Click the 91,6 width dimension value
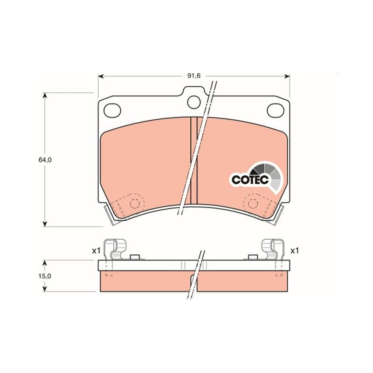pos(194,76)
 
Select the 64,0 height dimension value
pos(45,160)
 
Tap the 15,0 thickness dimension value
pos(45,276)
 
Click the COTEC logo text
pos(250,180)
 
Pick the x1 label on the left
pos(97,251)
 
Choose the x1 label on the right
pos(295,251)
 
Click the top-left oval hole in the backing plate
pos(112,111)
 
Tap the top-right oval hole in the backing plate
pos(276,111)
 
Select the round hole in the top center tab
pos(194,102)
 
